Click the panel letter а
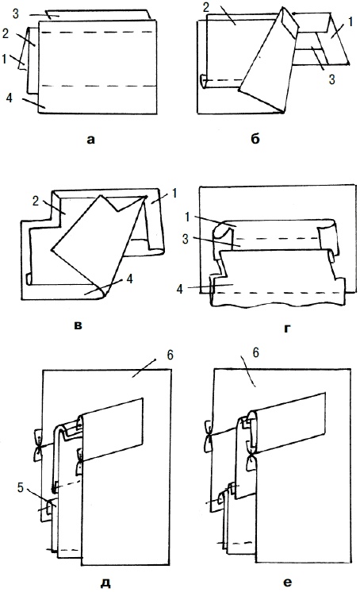(x=90, y=140)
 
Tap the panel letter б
(x=255, y=139)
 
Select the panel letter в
(x=78, y=325)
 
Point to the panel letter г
(x=288, y=328)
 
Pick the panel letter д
(x=106, y=583)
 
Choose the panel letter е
(x=287, y=582)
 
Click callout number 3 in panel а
(x=16, y=14)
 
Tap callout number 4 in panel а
(x=10, y=98)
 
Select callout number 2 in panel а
(x=6, y=33)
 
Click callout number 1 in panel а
(x=4, y=59)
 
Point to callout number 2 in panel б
(x=206, y=7)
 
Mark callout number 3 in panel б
(x=331, y=79)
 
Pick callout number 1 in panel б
(x=350, y=22)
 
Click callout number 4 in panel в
(x=129, y=279)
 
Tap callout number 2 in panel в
(x=36, y=201)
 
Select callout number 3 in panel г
(x=186, y=240)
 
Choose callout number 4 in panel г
(x=180, y=289)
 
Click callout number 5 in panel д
(x=21, y=488)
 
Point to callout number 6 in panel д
(x=170, y=355)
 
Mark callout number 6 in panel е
(x=256, y=352)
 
